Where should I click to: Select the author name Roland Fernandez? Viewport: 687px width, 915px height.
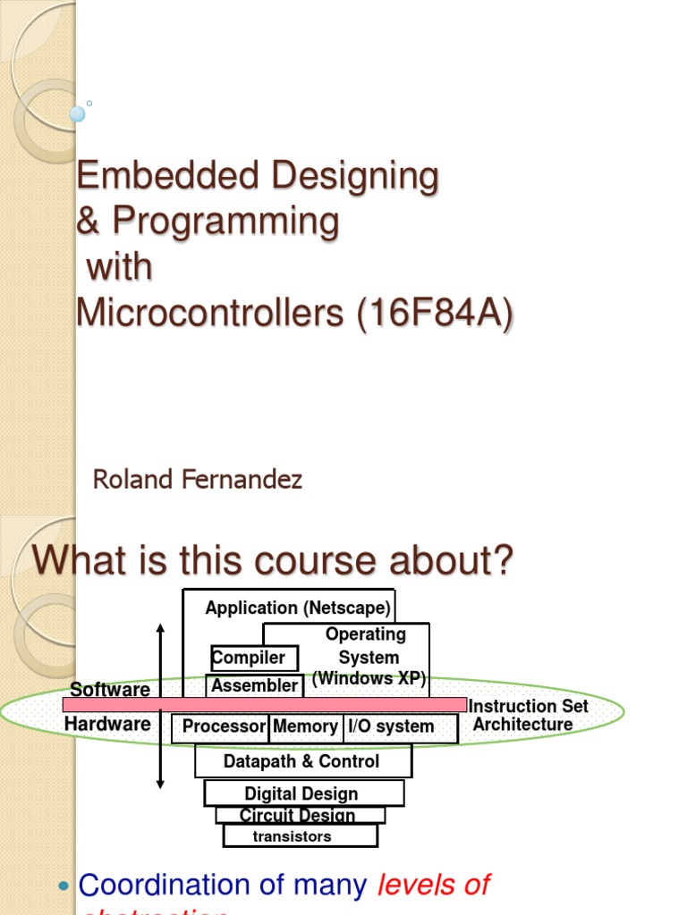pyautogui.click(x=198, y=480)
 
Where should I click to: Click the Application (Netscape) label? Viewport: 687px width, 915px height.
pyautogui.click(x=298, y=609)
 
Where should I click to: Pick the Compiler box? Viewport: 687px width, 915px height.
pyautogui.click(x=249, y=659)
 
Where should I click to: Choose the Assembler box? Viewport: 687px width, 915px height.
pyautogui.click(x=254, y=686)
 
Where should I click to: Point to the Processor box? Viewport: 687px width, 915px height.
pyautogui.click(x=224, y=727)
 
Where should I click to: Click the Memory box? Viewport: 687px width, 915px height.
pyautogui.click(x=305, y=727)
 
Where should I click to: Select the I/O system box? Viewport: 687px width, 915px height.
pyautogui.click(x=391, y=727)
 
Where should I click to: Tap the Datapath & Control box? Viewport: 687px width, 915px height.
pyautogui.click(x=301, y=762)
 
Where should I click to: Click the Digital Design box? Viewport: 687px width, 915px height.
pyautogui.click(x=301, y=793)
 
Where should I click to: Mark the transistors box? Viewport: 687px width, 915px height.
pyautogui.click(x=292, y=836)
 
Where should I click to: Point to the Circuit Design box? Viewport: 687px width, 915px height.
pyautogui.click(x=298, y=815)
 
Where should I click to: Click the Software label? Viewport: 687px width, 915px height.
pyautogui.click(x=110, y=690)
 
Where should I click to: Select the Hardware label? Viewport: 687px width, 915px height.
pyautogui.click(x=107, y=724)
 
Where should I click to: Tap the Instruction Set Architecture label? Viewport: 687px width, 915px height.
pyautogui.click(x=528, y=715)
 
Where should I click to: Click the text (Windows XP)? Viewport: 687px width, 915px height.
pyautogui.click(x=369, y=678)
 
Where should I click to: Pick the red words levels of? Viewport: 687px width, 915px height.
pyautogui.click(x=433, y=885)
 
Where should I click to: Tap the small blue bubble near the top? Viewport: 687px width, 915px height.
pyautogui.click(x=78, y=113)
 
